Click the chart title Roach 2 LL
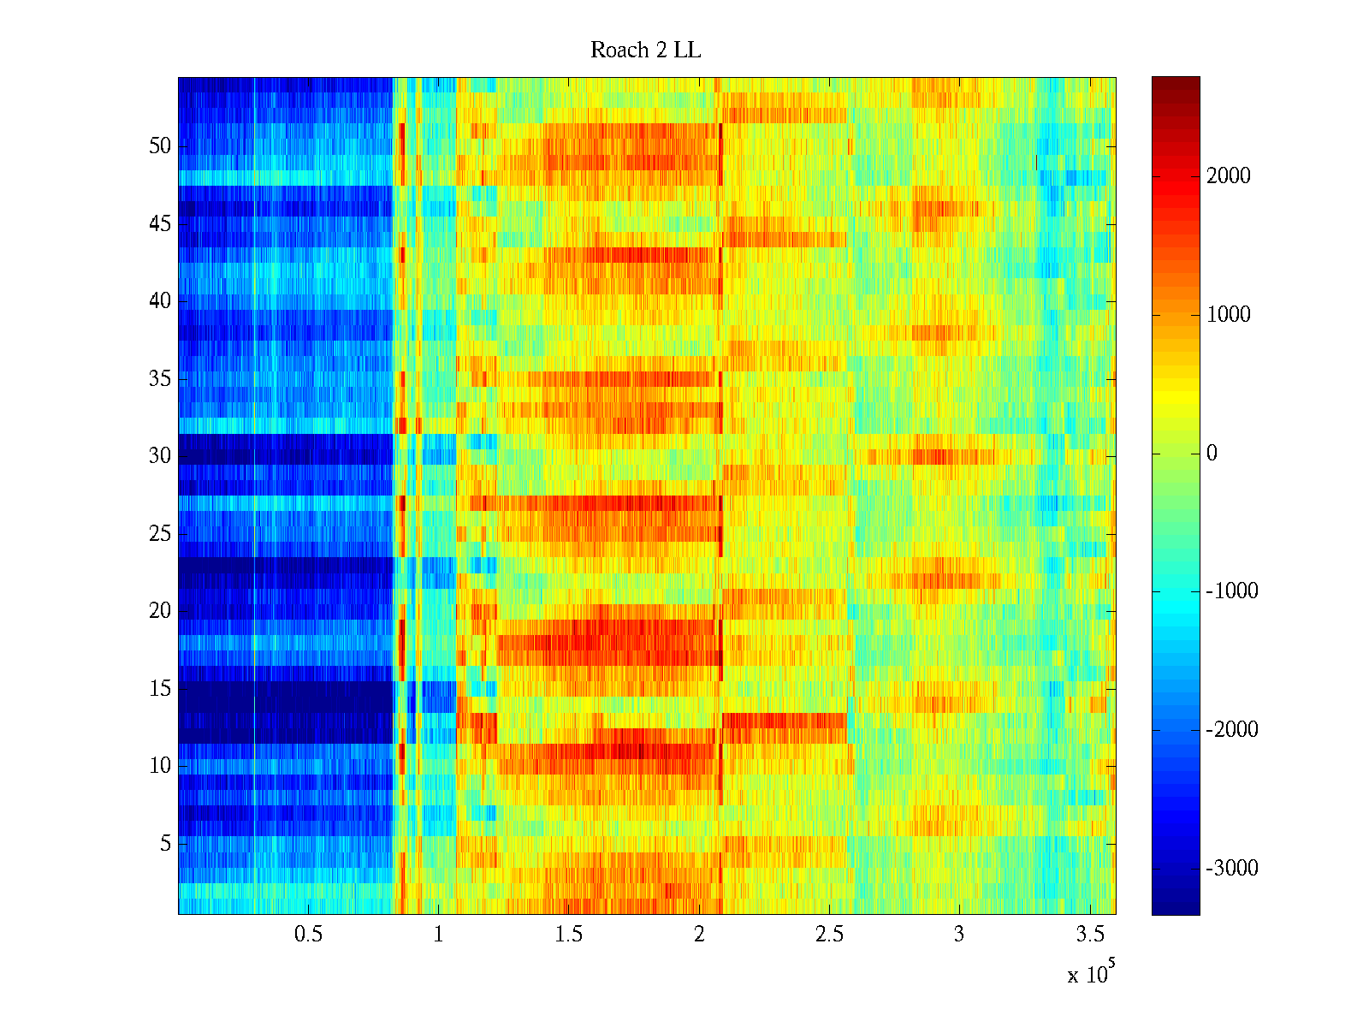645,50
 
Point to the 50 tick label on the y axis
160,146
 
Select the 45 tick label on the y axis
160,224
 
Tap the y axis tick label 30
160,456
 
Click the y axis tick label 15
160,689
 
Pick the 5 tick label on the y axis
165,844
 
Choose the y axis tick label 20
160,611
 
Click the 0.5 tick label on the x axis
308,935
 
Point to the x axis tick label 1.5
568,935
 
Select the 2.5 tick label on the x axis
829,935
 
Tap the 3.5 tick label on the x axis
1089,935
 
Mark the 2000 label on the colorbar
1228,176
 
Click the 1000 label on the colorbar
1228,315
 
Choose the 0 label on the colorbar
1212,454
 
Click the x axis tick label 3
958,935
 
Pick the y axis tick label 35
160,379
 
